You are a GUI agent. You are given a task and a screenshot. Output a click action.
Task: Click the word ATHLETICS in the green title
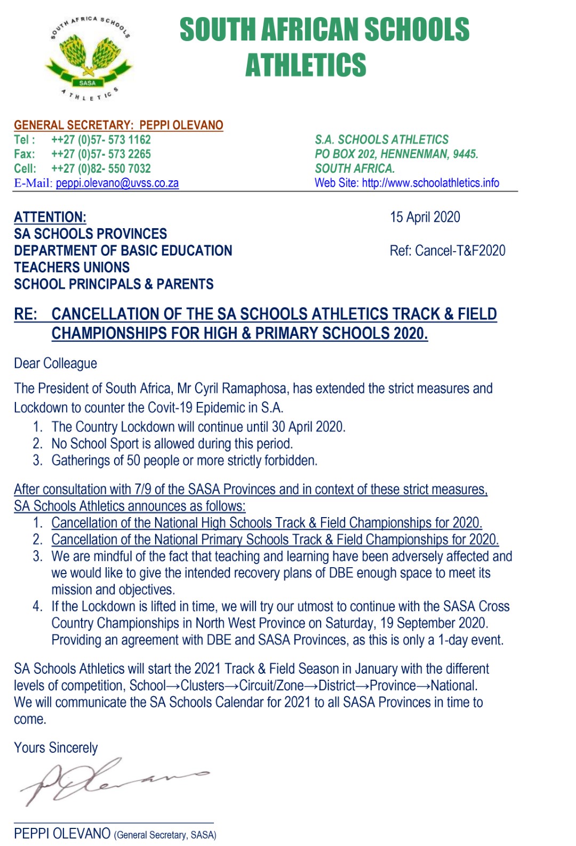pyautogui.click(x=306, y=65)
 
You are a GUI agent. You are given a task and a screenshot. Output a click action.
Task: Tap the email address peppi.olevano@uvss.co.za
pyautogui.click(x=117, y=183)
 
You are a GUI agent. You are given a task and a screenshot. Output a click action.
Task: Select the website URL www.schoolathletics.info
pyautogui.click(x=430, y=183)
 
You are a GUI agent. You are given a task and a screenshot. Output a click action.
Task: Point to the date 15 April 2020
pyautogui.click(x=425, y=217)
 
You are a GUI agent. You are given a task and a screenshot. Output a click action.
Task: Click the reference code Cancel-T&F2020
pyautogui.click(x=460, y=251)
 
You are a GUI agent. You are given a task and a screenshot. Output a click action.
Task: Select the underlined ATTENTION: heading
pyautogui.click(x=50, y=217)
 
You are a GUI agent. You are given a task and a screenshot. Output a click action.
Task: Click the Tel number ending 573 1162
pyautogui.click(x=101, y=140)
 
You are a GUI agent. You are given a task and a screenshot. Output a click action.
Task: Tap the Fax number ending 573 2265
pyautogui.click(x=101, y=154)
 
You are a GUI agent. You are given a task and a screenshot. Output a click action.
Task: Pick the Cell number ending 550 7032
pyautogui.click(x=101, y=168)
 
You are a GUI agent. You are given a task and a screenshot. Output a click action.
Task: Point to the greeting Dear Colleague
pyautogui.click(x=55, y=364)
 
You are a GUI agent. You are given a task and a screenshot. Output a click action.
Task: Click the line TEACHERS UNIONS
pyautogui.click(x=71, y=268)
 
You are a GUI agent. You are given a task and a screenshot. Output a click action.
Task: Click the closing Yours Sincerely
pyautogui.click(x=56, y=748)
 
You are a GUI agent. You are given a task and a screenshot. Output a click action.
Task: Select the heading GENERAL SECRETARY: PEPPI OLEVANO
pyautogui.click(x=118, y=125)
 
